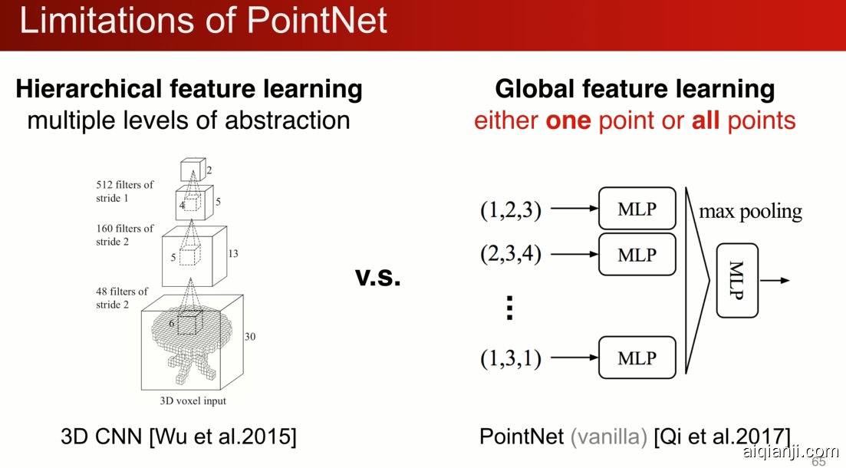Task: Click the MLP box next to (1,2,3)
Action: tap(637, 209)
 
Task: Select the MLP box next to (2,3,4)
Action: tap(637, 254)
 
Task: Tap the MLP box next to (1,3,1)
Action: tap(637, 358)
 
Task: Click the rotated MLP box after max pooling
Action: tap(737, 280)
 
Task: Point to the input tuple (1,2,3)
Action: tap(510, 209)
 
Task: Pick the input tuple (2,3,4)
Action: tap(510, 254)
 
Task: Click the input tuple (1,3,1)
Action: tap(510, 358)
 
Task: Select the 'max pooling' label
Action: tap(750, 212)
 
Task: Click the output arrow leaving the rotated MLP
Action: tap(775, 280)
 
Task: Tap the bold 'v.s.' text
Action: tap(377, 276)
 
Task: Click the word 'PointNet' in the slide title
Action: tap(318, 21)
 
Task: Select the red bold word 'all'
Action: tap(705, 120)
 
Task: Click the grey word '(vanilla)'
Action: tap(608, 436)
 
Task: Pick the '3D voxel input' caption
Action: tap(193, 401)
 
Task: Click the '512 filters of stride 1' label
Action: tap(124, 191)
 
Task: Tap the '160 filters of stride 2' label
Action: tap(124, 235)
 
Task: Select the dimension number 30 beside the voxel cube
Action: tap(250, 337)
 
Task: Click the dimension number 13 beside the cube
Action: tap(233, 254)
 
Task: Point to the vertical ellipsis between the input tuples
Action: tap(509, 308)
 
